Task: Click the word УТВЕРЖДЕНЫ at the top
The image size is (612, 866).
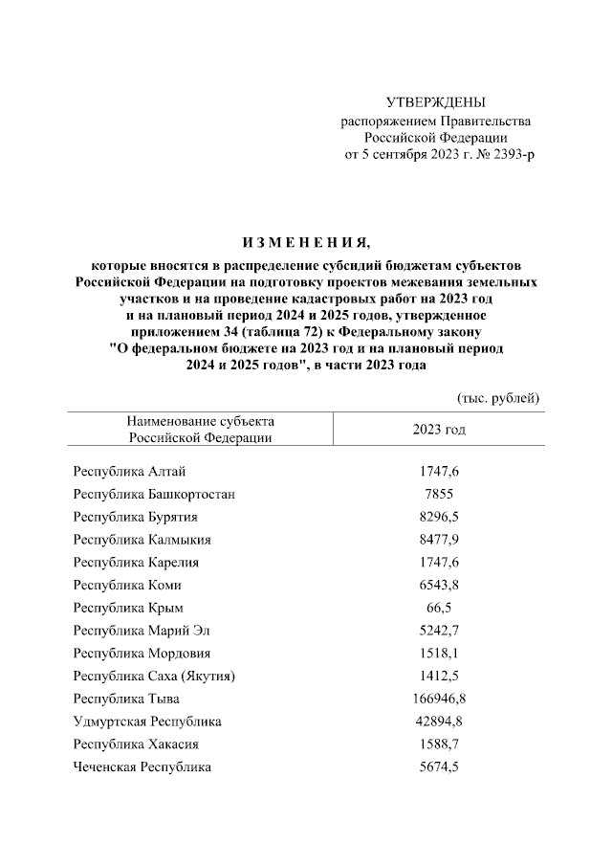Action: pyautogui.click(x=435, y=102)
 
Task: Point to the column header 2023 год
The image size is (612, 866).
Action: pyautogui.click(x=439, y=430)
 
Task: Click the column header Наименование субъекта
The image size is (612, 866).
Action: pyautogui.click(x=200, y=421)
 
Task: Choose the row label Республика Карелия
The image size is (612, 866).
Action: pyautogui.click(x=136, y=562)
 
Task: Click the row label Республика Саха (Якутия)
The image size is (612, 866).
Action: pyautogui.click(x=154, y=677)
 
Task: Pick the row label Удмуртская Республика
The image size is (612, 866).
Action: pyautogui.click(x=147, y=722)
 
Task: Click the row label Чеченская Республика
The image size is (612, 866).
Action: pyautogui.click(x=142, y=766)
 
